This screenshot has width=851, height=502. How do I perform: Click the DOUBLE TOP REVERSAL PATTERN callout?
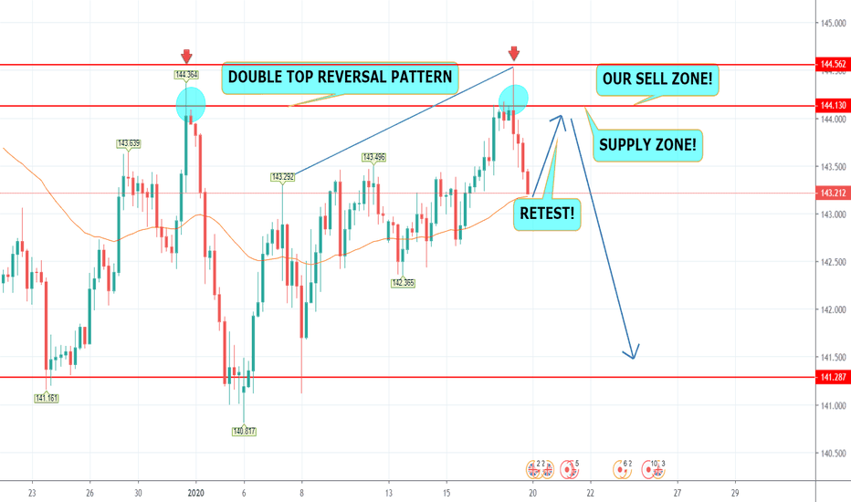coord(340,77)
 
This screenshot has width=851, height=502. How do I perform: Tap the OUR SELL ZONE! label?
coord(657,80)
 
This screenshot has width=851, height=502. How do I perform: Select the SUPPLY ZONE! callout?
coord(648,143)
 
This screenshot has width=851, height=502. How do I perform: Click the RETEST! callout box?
coord(547,214)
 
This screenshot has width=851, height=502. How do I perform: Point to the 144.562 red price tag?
coord(831,66)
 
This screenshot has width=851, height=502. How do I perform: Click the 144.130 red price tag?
coord(831,106)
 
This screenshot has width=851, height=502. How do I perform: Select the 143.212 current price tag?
coord(831,193)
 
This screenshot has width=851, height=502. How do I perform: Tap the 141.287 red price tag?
coord(831,377)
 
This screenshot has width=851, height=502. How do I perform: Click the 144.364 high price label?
coord(187,75)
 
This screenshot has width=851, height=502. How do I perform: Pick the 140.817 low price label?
coord(245,430)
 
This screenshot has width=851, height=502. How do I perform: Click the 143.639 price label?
coord(128,143)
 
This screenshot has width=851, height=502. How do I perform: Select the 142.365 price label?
coord(403,283)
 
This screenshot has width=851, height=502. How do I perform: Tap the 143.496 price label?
coord(374,157)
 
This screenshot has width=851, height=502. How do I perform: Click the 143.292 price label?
coord(282,177)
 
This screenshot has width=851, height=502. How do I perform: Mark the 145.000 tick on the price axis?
coord(830,23)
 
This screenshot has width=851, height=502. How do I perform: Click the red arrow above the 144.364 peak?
coord(186,55)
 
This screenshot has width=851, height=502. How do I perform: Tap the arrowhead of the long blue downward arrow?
coord(632,353)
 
